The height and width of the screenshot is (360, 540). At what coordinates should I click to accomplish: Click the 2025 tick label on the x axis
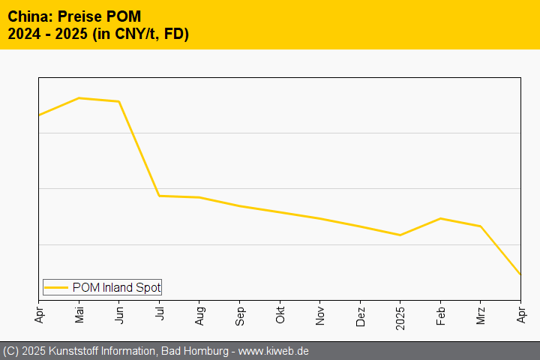[400, 315]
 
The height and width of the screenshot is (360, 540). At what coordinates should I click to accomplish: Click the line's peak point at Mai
[79, 98]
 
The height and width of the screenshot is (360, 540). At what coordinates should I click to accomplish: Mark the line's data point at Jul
[160, 196]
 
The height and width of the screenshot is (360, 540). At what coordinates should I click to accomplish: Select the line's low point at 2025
[400, 235]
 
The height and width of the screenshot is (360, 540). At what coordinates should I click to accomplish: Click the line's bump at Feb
[440, 218]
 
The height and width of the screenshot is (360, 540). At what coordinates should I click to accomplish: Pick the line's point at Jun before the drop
[119, 101]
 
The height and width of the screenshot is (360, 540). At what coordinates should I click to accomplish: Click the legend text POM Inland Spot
[116, 287]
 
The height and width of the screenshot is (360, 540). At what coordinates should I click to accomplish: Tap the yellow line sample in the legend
[56, 287]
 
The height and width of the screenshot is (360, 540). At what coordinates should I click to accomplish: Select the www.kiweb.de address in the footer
[273, 351]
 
